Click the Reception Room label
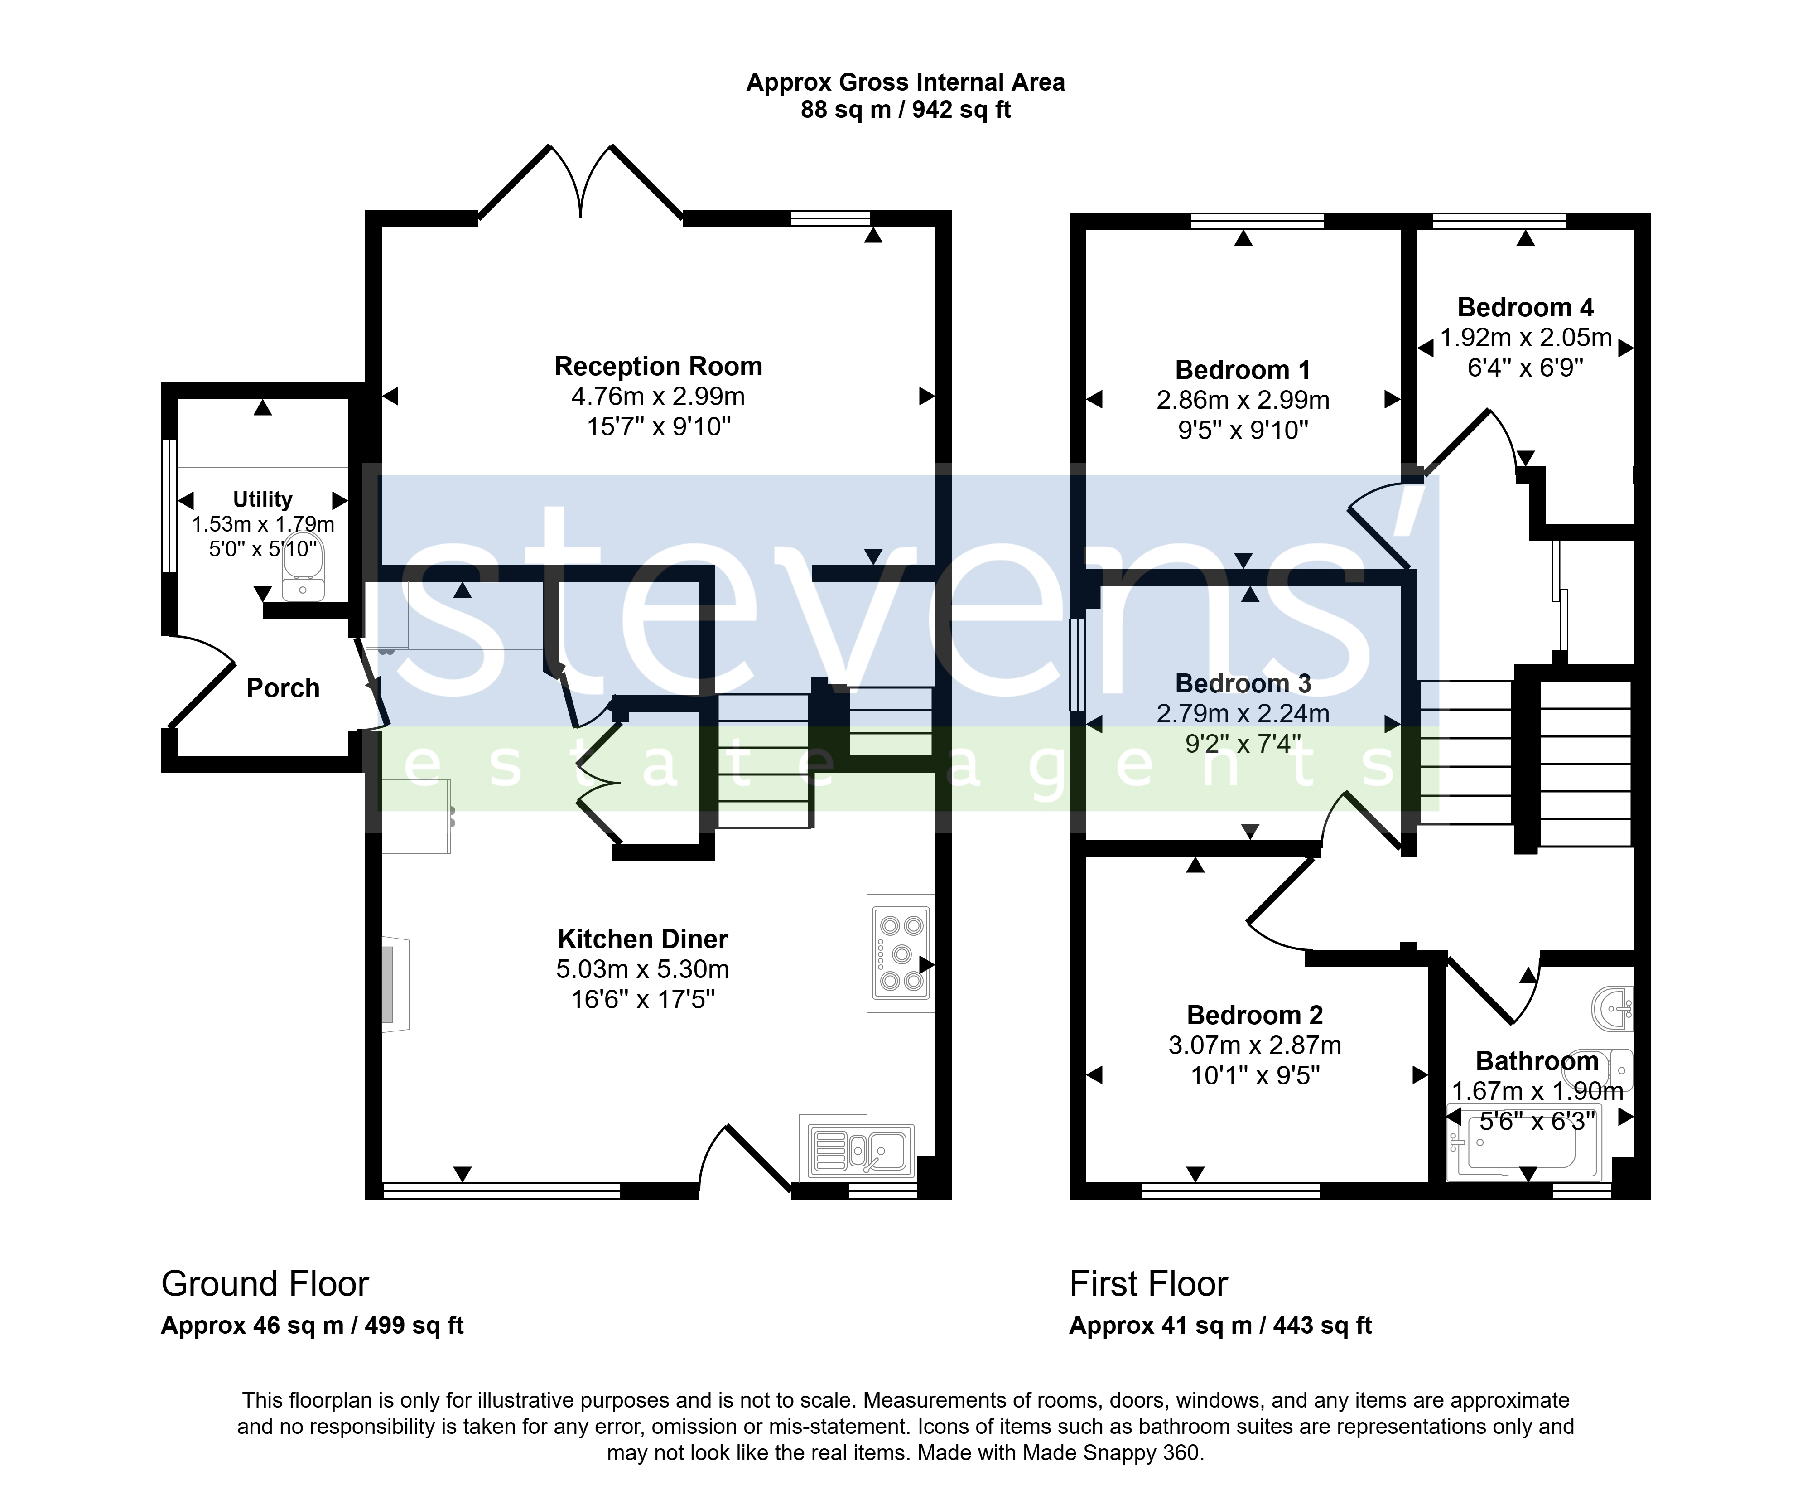tap(658, 366)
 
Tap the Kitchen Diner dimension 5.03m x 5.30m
tap(643, 969)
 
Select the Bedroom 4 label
tap(1526, 307)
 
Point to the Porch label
tap(283, 688)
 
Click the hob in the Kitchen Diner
tap(901, 953)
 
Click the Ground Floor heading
tap(265, 1283)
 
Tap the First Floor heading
tap(1148, 1283)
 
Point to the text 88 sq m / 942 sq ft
tap(906, 110)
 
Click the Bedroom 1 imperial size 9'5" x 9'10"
tap(1243, 430)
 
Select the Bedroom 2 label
tap(1255, 1015)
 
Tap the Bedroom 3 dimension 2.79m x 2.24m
tap(1243, 714)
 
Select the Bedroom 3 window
tap(1078, 664)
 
